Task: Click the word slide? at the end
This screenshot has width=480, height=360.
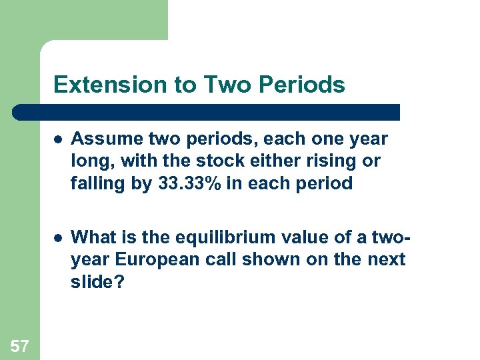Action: click(x=97, y=281)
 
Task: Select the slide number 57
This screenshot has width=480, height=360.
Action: click(x=20, y=345)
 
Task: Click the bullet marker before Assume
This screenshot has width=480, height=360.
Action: click(x=59, y=139)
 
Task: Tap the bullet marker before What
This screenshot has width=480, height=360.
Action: click(x=59, y=237)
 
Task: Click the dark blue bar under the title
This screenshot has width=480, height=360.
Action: click(x=207, y=112)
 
